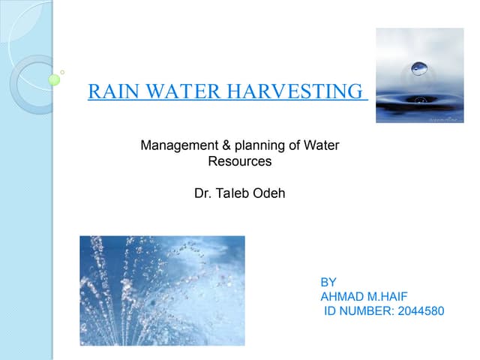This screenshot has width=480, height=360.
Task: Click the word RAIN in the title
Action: click(x=109, y=92)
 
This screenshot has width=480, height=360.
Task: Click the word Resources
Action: click(x=239, y=160)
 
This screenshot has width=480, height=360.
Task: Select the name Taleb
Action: click(x=232, y=193)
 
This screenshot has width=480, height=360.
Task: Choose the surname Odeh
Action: click(x=269, y=193)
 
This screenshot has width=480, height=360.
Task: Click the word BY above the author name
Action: click(x=328, y=283)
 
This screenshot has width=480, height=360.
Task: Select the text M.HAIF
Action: click(x=387, y=297)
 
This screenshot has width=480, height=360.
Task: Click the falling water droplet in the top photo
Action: click(x=418, y=68)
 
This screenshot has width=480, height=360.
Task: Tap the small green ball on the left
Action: click(x=54, y=79)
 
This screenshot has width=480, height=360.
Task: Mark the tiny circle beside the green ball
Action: click(x=62, y=72)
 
